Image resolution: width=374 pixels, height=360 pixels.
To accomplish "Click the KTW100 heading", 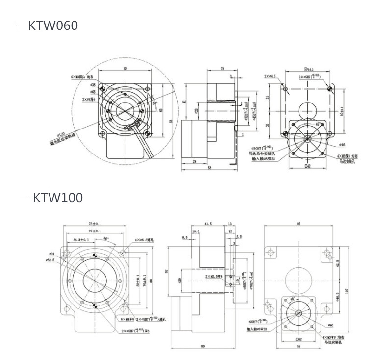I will (58, 198).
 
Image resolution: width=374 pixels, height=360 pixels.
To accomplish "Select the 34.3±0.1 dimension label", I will (81, 240).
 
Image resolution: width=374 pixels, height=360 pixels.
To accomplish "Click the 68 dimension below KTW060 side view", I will (209, 168).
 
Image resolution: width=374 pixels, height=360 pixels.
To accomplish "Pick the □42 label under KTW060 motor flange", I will (308, 166).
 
